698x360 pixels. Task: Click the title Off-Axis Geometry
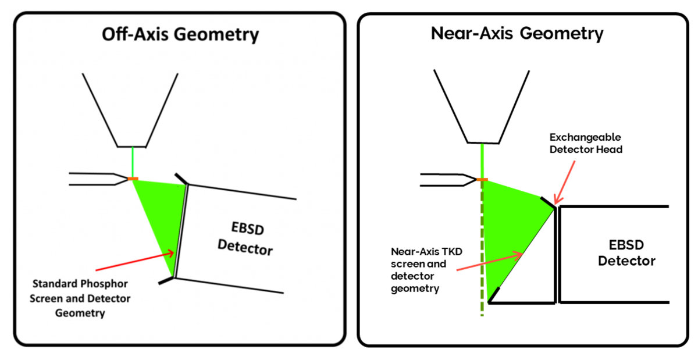tap(180, 34)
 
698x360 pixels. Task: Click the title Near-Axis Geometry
tap(517, 33)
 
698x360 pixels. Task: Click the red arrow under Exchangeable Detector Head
tap(565, 181)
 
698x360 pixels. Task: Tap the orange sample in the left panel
tap(133, 179)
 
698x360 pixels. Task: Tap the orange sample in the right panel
tap(482, 180)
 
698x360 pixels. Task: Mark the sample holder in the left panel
tap(96, 179)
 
